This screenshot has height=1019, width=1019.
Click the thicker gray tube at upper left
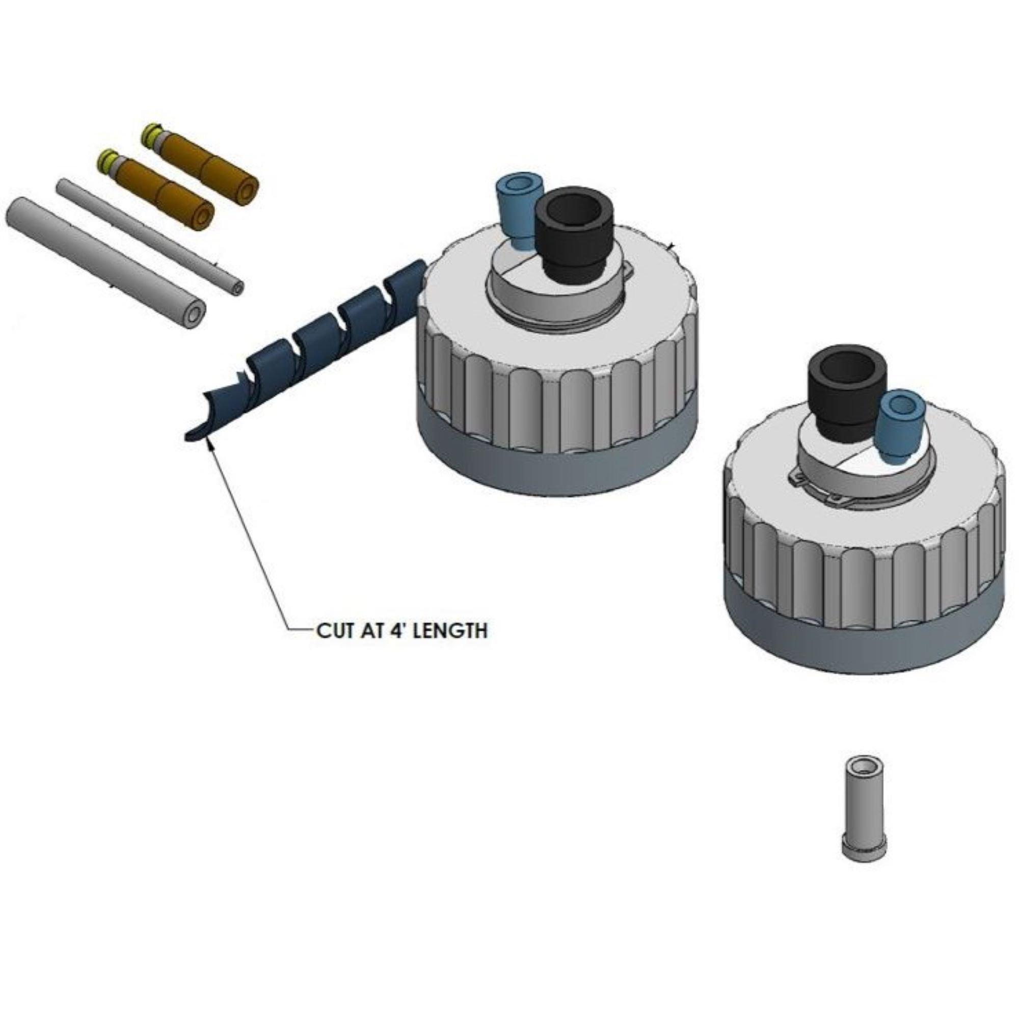pyautogui.click(x=105, y=258)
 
